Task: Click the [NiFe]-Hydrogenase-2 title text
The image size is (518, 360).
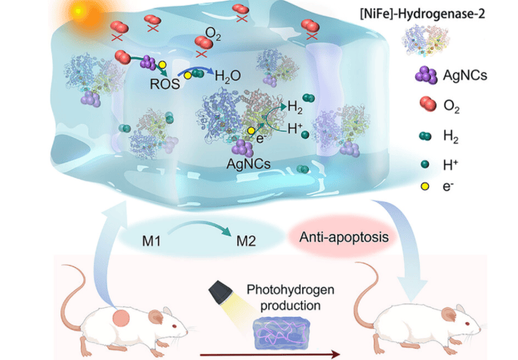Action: pyautogui.click(x=423, y=14)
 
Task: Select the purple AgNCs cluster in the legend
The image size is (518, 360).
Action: pyautogui.click(x=427, y=75)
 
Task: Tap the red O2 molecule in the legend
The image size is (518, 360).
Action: pyautogui.click(x=428, y=104)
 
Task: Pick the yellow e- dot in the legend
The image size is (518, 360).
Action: pyautogui.click(x=425, y=186)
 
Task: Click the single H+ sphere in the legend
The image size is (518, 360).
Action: pyautogui.click(x=425, y=164)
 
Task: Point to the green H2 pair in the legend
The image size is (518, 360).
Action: pyautogui.click(x=425, y=136)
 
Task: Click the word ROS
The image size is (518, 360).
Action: pyautogui.click(x=165, y=84)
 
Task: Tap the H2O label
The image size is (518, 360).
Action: pyautogui.click(x=227, y=76)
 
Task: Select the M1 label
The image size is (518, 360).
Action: pyautogui.click(x=151, y=241)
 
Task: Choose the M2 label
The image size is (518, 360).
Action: pyautogui.click(x=246, y=242)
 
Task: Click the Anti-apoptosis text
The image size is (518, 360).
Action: pyautogui.click(x=344, y=237)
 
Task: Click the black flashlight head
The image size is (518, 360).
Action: pyautogui.click(x=220, y=292)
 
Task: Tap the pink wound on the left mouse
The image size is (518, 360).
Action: pyautogui.click(x=121, y=318)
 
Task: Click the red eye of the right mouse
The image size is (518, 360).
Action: pyautogui.click(x=467, y=323)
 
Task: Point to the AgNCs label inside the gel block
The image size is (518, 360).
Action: pyautogui.click(x=248, y=164)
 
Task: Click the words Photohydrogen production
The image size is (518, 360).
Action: pyautogui.click(x=291, y=297)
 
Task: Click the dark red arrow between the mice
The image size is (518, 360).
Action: pyautogui.click(x=270, y=355)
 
